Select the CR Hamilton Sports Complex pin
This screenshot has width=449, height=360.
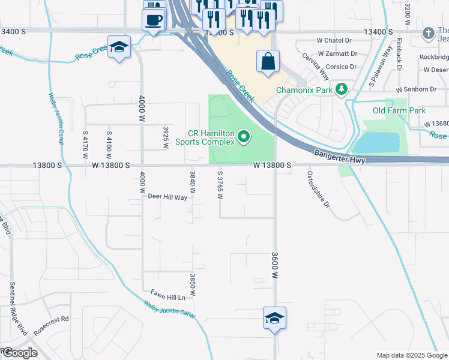pyautogui.click(x=244, y=137)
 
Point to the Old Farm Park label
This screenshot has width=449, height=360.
pyautogui.click(x=399, y=110)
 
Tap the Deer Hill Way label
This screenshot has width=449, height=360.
pyautogui.click(x=167, y=196)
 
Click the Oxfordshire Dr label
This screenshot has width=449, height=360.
pyautogui.click(x=319, y=189)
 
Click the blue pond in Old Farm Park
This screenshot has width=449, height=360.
pyautogui.click(x=376, y=143)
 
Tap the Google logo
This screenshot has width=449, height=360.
pyautogui.click(x=20, y=353)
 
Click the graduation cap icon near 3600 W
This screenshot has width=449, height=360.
pyautogui.click(x=274, y=318)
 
